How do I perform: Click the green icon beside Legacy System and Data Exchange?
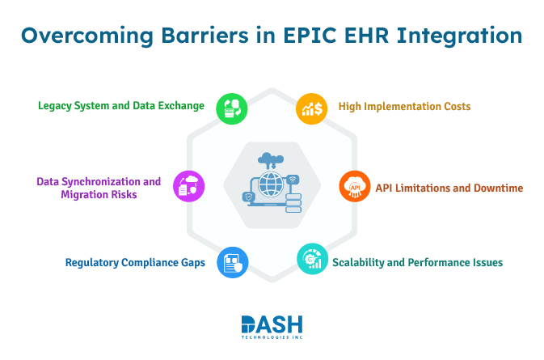point(232,108)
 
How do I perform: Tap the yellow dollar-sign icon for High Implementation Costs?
point(310,108)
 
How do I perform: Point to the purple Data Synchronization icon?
point(189,186)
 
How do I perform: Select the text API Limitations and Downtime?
point(449,188)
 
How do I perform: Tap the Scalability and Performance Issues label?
point(417,262)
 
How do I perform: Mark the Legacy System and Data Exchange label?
point(121,106)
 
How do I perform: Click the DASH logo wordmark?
point(272,324)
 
